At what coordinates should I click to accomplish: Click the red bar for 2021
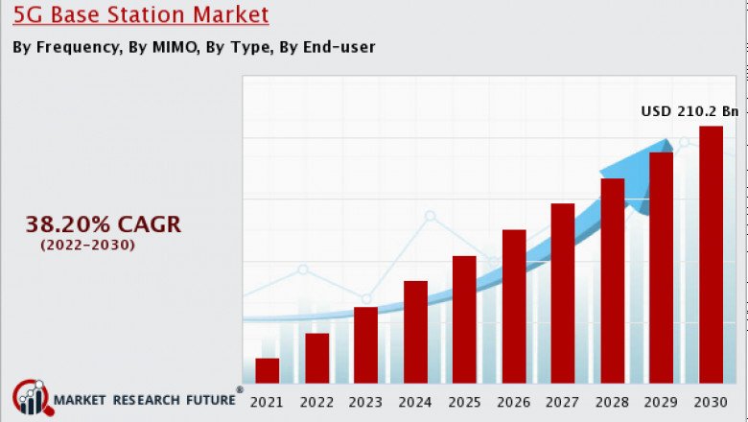click(x=268, y=370)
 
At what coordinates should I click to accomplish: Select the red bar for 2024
click(x=415, y=332)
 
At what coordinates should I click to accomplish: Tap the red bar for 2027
click(x=563, y=293)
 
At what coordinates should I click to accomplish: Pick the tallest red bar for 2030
click(x=711, y=254)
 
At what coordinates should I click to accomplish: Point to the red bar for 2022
click(x=316, y=358)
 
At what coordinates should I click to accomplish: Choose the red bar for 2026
click(x=514, y=306)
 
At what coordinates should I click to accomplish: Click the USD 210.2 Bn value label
click(x=690, y=111)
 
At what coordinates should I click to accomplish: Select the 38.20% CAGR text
click(x=103, y=224)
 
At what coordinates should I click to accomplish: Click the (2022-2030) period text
click(x=87, y=246)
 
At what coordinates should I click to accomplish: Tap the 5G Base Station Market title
click(x=141, y=15)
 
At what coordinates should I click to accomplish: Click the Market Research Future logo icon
click(x=30, y=398)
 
